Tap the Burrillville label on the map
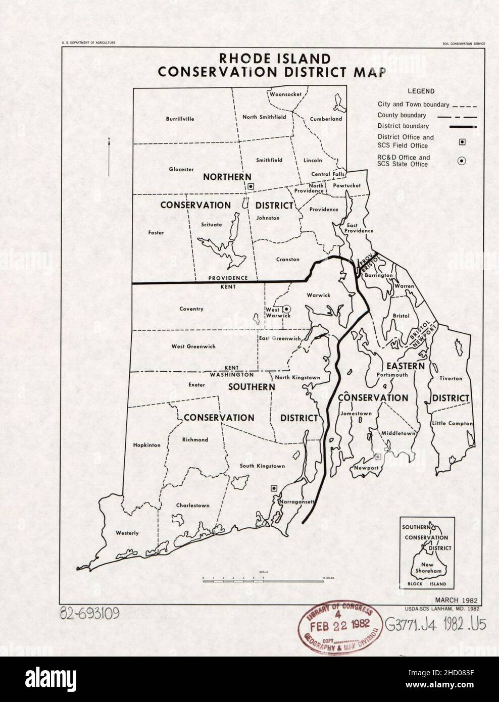click(180, 119)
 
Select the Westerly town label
click(127, 533)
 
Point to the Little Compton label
click(452, 423)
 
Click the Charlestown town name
click(192, 505)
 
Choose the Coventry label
click(191, 309)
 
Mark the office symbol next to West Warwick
click(286, 308)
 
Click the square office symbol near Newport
click(377, 457)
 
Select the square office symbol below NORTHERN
click(251, 186)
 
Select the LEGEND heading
click(420, 91)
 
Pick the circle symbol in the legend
click(462, 161)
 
